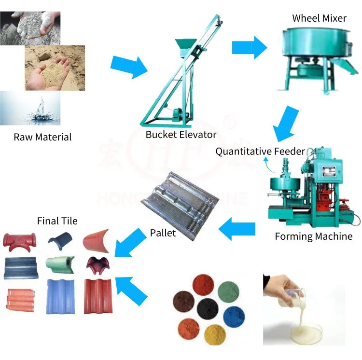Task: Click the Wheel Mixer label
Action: click(x=319, y=19)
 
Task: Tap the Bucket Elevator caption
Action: click(x=181, y=135)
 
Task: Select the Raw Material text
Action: click(x=42, y=137)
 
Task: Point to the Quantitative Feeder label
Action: click(x=260, y=152)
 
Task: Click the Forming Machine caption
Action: click(x=313, y=236)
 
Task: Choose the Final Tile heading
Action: click(x=57, y=221)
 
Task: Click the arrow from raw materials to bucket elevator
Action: click(x=128, y=67)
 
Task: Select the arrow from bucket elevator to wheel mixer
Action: click(x=249, y=47)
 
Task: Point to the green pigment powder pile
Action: click(x=229, y=292)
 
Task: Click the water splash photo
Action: click(x=30, y=109)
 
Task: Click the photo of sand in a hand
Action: click(x=55, y=68)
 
